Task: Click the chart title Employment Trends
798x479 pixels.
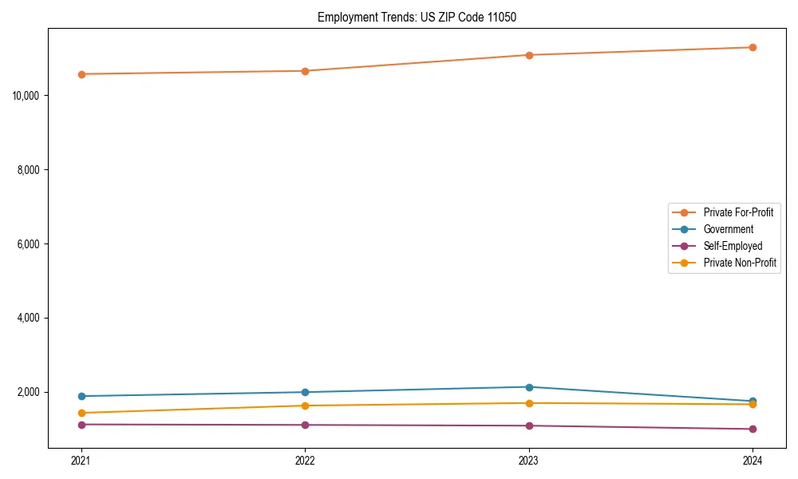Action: click(x=417, y=17)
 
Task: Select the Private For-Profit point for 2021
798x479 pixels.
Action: click(x=81, y=74)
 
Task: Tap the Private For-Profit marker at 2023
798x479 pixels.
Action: click(x=529, y=55)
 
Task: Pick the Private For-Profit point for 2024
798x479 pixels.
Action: click(x=753, y=47)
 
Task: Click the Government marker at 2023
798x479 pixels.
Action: click(x=529, y=387)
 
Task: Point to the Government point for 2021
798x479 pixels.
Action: click(x=81, y=396)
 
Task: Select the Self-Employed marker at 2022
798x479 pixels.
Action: click(x=305, y=425)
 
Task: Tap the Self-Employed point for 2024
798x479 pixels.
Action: click(x=753, y=429)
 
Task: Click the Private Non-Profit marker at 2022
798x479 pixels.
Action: click(x=305, y=406)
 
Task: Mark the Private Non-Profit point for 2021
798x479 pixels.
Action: click(x=81, y=413)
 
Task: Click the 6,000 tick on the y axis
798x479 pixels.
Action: click(x=30, y=244)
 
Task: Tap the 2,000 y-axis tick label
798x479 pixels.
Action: click(x=30, y=392)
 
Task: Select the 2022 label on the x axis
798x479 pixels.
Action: click(x=305, y=461)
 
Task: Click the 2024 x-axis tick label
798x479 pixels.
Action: click(x=753, y=461)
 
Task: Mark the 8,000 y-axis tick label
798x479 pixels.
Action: click(x=30, y=170)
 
